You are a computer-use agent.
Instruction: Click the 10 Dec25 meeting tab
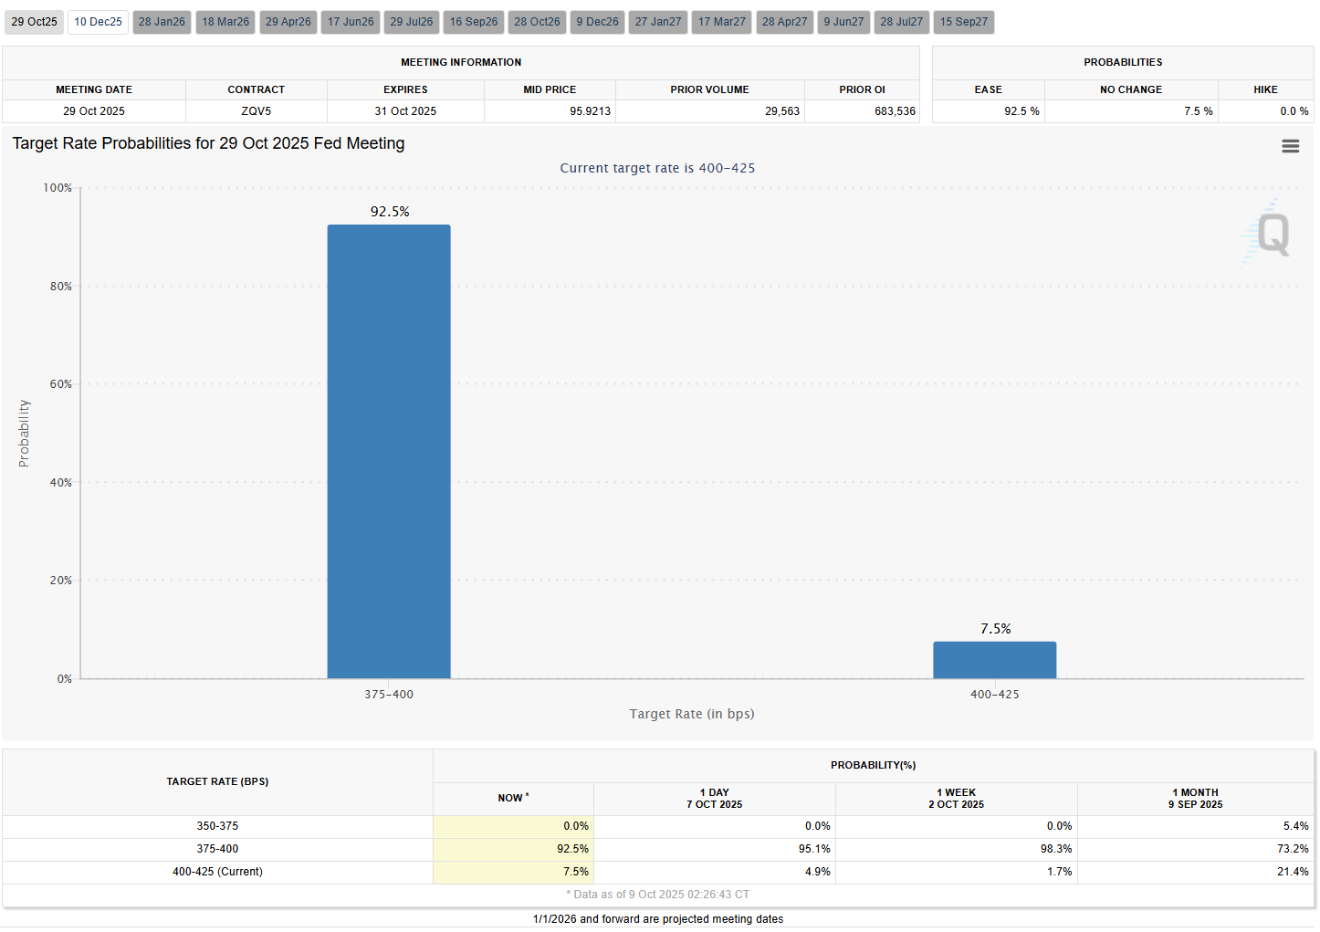[98, 22]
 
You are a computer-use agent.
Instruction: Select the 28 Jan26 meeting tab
[162, 22]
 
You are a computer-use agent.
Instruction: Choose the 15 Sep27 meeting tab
[963, 22]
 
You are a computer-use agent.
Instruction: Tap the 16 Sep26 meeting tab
[473, 22]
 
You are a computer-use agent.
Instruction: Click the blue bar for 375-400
[389, 451]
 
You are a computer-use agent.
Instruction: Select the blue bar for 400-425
[995, 660]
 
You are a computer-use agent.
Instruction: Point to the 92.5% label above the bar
[390, 212]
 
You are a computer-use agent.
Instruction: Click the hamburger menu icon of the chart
[1291, 146]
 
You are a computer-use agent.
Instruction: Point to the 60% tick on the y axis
[60, 384]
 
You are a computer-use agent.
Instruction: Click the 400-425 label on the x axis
[995, 694]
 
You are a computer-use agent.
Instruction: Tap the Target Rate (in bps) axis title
[692, 714]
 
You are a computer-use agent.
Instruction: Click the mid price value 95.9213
[590, 110]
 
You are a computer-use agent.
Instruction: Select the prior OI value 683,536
[895, 110]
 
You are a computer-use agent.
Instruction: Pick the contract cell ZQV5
[256, 110]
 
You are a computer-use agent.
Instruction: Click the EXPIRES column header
[405, 89]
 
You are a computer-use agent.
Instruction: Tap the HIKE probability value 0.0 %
[1294, 110]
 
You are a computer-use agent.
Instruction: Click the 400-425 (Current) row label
[217, 872]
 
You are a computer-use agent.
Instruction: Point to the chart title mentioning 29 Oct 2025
[209, 143]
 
